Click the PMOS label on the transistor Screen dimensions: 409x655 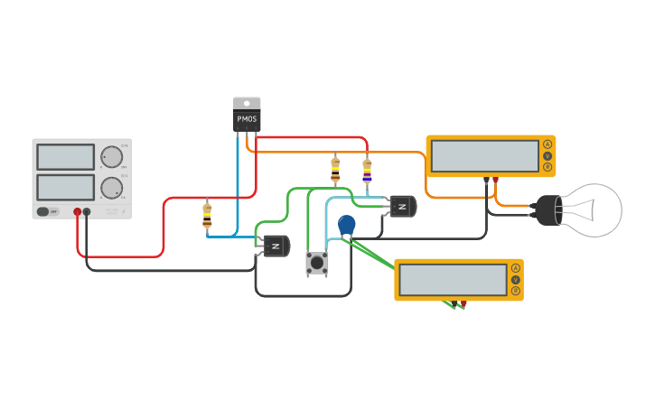[247, 119]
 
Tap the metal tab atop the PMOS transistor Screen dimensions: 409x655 [247, 103]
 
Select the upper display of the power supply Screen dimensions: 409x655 [65, 157]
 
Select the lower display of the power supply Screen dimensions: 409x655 [65, 187]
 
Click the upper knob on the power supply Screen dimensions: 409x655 [111, 157]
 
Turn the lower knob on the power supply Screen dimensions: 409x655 [111, 188]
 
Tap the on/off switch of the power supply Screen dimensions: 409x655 [42, 212]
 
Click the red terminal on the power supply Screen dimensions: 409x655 [78, 212]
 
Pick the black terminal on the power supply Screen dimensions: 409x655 [87, 212]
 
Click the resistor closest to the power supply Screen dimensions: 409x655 [207, 215]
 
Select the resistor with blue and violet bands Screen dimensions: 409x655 [367, 171]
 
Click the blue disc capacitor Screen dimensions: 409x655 [347, 224]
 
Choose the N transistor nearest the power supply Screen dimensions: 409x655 [276, 246]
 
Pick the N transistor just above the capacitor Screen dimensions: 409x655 [403, 206]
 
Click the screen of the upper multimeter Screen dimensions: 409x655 [484, 156]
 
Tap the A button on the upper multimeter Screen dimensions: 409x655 [547, 145]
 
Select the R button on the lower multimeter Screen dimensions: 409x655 [515, 291]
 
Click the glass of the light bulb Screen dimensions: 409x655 [594, 210]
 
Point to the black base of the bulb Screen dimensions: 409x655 [547, 211]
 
